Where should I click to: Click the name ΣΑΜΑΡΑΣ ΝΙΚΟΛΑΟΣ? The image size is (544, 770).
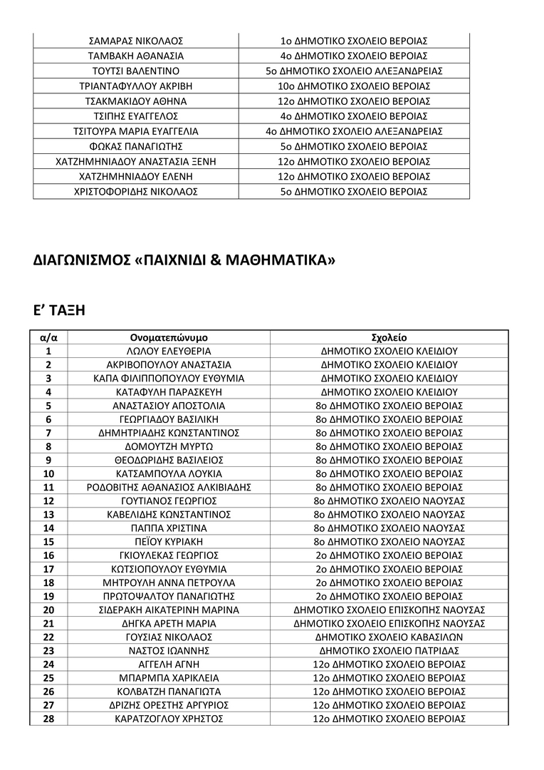click(x=135, y=41)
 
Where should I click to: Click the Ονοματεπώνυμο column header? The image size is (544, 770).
click(x=169, y=337)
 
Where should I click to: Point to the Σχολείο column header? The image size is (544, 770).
click(x=389, y=337)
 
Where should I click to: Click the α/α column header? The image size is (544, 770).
click(x=48, y=337)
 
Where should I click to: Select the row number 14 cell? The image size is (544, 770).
click(x=48, y=528)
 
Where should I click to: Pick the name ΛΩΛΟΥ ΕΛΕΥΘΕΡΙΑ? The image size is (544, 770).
click(x=169, y=351)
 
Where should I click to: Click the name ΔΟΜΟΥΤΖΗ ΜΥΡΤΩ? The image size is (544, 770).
click(x=169, y=446)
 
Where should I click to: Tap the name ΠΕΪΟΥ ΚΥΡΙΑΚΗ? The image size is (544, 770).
click(x=169, y=541)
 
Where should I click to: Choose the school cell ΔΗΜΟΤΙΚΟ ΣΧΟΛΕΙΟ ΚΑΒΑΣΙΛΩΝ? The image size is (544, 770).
click(x=389, y=637)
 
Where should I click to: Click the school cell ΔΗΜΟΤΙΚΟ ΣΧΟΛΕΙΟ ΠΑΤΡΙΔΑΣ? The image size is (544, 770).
click(x=389, y=650)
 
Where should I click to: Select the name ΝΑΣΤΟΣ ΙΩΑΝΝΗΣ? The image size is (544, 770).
click(x=169, y=650)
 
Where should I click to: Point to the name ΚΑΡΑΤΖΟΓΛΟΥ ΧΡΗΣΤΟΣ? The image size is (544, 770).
click(x=169, y=719)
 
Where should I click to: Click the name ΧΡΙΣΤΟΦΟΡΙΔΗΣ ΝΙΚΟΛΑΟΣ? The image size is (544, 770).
click(x=135, y=192)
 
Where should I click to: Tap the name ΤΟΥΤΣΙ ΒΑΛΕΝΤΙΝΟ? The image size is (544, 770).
click(x=135, y=71)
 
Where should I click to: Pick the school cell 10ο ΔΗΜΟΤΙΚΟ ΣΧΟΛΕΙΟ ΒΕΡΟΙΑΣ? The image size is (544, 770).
click(x=354, y=86)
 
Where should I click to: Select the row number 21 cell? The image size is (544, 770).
click(x=48, y=623)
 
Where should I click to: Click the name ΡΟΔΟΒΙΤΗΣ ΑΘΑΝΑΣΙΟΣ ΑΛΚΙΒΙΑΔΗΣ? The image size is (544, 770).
click(x=169, y=487)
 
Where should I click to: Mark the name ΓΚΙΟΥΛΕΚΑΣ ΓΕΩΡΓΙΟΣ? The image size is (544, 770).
click(x=169, y=555)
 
